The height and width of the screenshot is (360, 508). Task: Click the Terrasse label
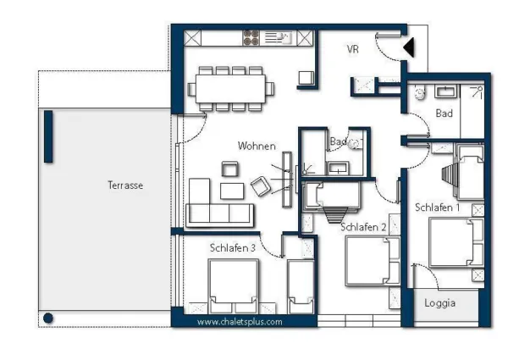click(x=124, y=185)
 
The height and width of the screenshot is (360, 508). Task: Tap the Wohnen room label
click(x=256, y=146)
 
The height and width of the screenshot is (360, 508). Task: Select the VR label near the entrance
click(x=353, y=49)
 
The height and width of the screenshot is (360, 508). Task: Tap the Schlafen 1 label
click(x=437, y=207)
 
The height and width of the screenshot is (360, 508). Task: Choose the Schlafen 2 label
click(x=363, y=227)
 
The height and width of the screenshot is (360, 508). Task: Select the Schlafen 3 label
click(x=233, y=247)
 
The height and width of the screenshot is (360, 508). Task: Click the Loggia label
click(x=440, y=302)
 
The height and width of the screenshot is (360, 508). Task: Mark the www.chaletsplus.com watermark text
click(x=240, y=322)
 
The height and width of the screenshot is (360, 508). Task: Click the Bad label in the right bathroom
click(x=444, y=113)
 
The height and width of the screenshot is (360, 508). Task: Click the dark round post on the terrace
click(x=48, y=318)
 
